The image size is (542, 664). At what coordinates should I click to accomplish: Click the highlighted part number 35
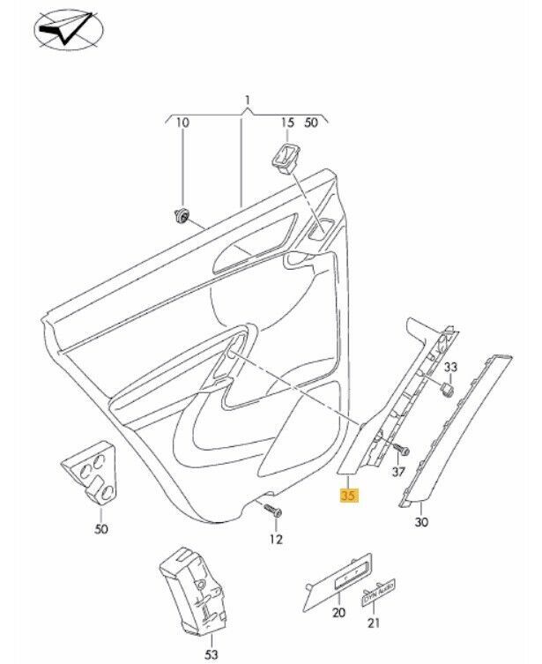click(x=348, y=496)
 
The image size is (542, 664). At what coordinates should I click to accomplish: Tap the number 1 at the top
click(x=249, y=101)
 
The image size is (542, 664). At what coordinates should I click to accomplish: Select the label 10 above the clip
click(x=182, y=123)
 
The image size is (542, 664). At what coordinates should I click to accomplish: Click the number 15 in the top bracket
click(x=286, y=123)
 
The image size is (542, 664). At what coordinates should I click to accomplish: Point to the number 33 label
click(x=450, y=366)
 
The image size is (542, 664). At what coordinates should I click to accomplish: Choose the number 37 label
click(x=398, y=472)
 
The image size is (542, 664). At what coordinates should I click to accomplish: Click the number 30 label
click(x=422, y=523)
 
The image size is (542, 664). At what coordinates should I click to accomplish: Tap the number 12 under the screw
click(x=276, y=539)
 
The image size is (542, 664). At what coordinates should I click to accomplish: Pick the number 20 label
click(x=338, y=613)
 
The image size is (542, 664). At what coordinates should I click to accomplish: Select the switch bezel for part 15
click(x=286, y=158)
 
